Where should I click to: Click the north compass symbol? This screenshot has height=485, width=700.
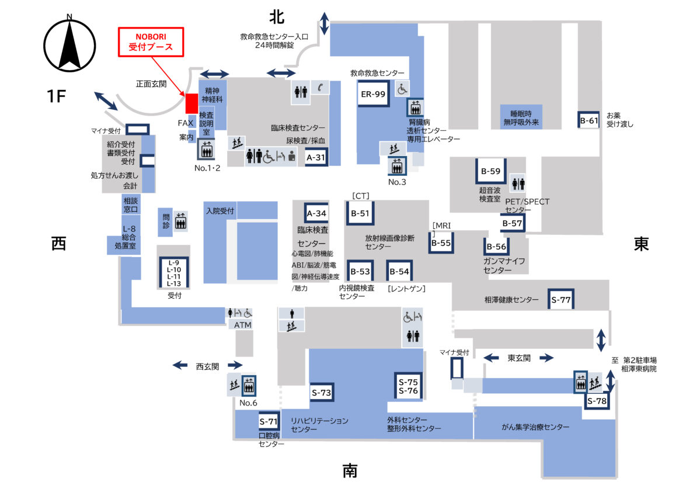click(x=69, y=46)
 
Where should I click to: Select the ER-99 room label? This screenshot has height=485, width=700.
click(x=373, y=93)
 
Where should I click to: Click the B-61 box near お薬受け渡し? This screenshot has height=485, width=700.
click(x=589, y=121)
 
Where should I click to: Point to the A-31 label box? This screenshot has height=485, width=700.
click(x=316, y=157)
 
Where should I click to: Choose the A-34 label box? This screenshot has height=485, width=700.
click(x=316, y=213)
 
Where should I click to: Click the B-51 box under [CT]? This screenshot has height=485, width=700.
click(x=360, y=213)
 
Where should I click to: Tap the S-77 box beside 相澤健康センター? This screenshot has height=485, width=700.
click(x=560, y=300)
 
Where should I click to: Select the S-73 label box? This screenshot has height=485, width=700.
click(x=321, y=393)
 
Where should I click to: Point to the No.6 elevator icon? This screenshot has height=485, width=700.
click(x=249, y=384)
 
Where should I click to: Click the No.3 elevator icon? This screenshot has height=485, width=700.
click(x=397, y=166)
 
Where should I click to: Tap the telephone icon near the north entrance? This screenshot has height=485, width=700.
click(x=320, y=86)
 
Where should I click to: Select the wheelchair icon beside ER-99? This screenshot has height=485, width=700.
click(x=402, y=89)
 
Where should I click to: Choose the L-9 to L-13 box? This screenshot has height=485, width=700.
click(x=174, y=273)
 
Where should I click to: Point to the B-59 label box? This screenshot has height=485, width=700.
click(x=490, y=171)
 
